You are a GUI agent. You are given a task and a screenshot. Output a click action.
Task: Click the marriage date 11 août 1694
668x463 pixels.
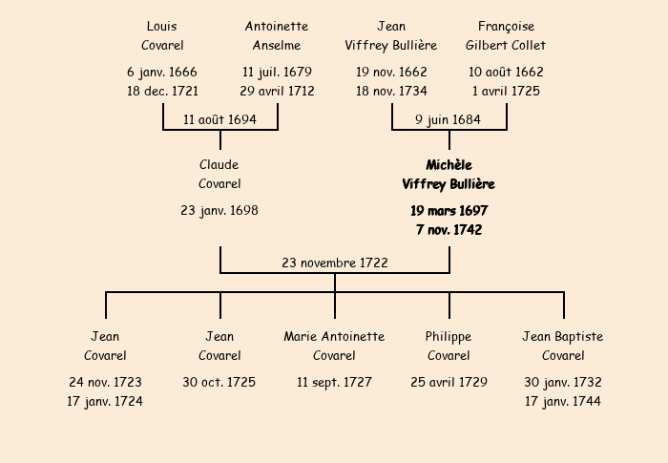[x=220, y=119]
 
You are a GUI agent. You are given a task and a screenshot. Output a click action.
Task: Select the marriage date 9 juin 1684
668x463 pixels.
[x=449, y=119]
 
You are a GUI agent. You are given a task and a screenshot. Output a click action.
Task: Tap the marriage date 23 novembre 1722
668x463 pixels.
[x=335, y=263]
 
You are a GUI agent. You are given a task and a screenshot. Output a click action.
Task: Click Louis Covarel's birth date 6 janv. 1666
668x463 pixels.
[x=162, y=72]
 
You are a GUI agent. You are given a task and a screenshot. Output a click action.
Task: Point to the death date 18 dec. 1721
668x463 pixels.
[x=162, y=92]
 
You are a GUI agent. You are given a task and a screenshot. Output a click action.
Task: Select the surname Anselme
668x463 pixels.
[x=277, y=45]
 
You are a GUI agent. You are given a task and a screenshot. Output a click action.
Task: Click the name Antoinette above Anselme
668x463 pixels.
[x=277, y=26]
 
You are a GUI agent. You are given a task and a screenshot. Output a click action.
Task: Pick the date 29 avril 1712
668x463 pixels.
[x=277, y=92]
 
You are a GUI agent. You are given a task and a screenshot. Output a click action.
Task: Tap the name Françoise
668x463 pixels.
[x=506, y=26]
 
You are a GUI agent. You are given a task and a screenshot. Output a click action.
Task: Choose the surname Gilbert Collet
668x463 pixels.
[x=506, y=45]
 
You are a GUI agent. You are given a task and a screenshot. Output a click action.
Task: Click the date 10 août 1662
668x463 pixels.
[x=506, y=72]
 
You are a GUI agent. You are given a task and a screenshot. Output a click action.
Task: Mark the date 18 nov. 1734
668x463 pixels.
[x=391, y=92]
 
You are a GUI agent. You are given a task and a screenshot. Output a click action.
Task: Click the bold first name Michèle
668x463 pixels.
[x=449, y=165]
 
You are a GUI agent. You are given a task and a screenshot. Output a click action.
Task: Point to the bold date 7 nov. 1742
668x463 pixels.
[x=449, y=230]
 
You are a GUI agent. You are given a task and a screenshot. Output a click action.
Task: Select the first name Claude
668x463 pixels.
[x=219, y=165]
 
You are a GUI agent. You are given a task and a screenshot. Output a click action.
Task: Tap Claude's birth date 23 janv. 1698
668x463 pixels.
[x=219, y=210]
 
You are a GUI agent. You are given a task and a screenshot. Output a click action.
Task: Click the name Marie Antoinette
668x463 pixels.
[x=334, y=336]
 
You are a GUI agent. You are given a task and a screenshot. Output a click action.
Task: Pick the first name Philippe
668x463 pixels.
[x=449, y=336]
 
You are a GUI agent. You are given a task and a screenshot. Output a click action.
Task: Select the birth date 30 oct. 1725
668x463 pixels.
[x=219, y=382]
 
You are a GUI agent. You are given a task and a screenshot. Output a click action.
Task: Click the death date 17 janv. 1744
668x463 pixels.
[x=563, y=401]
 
